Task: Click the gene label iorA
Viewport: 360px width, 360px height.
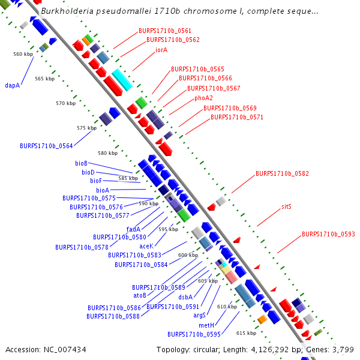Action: [161, 50]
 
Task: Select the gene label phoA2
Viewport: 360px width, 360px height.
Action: [203, 98]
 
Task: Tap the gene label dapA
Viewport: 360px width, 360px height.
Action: [13, 85]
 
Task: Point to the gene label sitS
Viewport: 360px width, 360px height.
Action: [286, 206]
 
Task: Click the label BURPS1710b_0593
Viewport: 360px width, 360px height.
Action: [328, 234]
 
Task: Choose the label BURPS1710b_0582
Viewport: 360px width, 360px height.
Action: [282, 173]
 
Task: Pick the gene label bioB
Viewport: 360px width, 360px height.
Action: [81, 163]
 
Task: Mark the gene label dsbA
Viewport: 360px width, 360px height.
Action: [185, 297]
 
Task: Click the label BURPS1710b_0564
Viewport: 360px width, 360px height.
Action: [46, 146]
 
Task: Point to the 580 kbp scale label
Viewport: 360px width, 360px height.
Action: [107, 153]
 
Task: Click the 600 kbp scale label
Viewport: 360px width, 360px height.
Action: [188, 255]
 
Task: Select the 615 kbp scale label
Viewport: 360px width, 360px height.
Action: [246, 333]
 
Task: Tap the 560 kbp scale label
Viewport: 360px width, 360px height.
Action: [23, 54]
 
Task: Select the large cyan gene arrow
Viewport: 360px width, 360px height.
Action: [121, 79]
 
